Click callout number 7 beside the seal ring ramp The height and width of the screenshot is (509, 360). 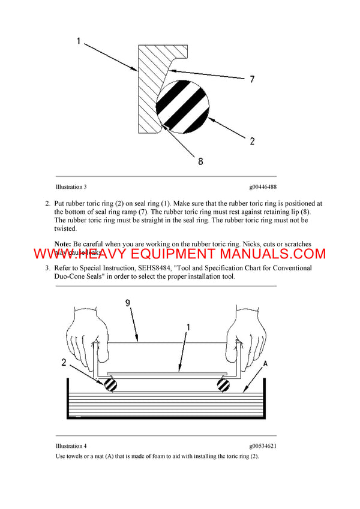(253, 79)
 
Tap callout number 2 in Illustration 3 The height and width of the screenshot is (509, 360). (252, 141)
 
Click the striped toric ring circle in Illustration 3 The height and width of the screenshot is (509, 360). (182, 104)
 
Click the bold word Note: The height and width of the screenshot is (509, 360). (62, 244)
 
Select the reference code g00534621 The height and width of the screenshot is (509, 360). (259, 446)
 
